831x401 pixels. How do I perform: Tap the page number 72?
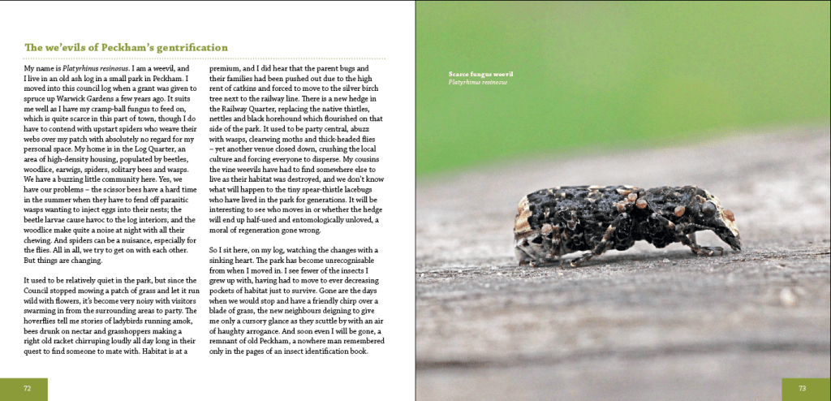click(27, 389)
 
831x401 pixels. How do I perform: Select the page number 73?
click(802, 389)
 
